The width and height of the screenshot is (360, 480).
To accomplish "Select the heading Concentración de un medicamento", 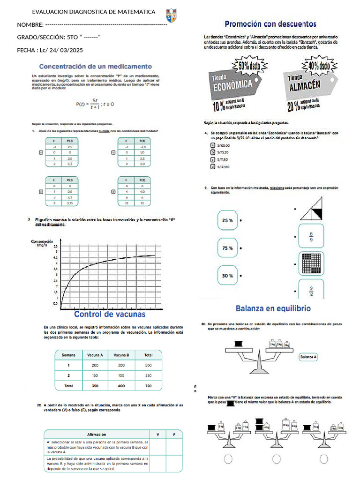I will pos(95,66).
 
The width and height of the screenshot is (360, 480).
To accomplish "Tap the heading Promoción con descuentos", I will pos(270,23).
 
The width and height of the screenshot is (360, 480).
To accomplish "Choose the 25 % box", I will pos(228,220).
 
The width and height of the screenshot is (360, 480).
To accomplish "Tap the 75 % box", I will pos(228,248).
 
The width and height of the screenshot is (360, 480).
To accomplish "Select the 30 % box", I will pos(228,276).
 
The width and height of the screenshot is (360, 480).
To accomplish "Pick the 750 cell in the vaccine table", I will pos(148,385).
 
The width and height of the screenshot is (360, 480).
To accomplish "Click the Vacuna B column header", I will pos(121,355).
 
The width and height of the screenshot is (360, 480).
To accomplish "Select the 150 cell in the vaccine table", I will pos(95,375).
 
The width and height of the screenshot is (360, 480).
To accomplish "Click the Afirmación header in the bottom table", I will pos(97,435).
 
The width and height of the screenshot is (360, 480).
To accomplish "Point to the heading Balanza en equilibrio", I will pos(272,308).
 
